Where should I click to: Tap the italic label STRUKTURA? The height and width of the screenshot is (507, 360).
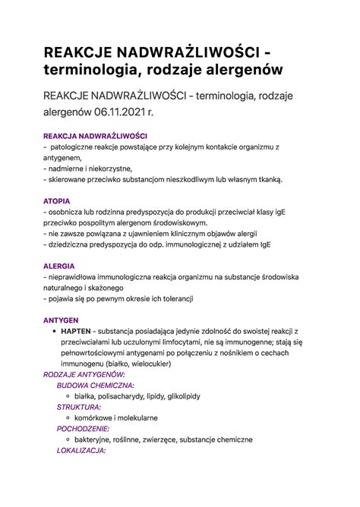click(79, 406)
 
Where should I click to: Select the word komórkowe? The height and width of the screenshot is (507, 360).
click(97, 417)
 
